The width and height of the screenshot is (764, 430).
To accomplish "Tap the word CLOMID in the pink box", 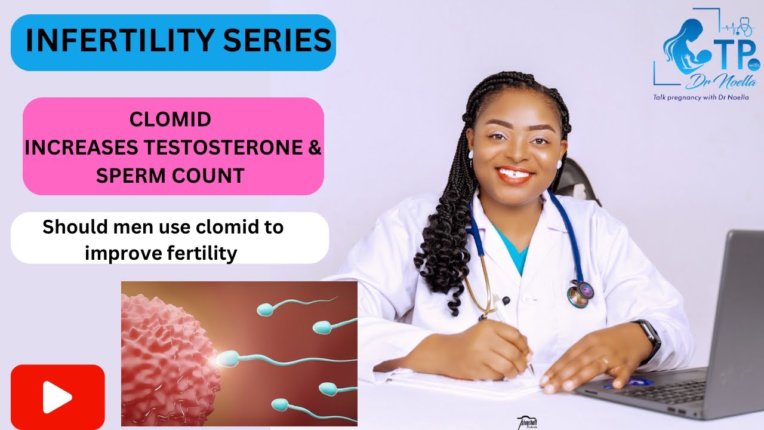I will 171,119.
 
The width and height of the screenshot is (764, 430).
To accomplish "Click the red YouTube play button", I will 58,397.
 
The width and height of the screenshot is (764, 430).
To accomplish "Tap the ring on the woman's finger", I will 605,362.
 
